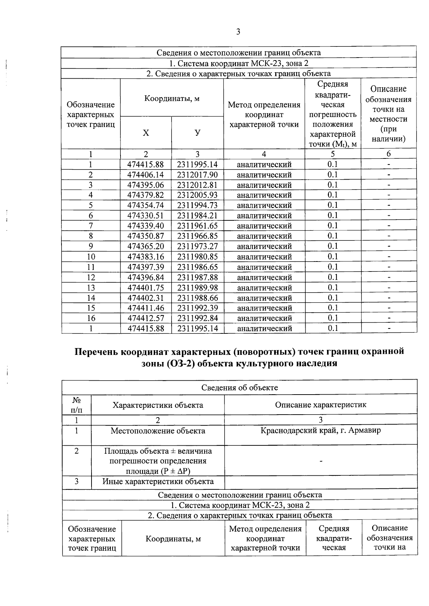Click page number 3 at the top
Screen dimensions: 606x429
coord(238,32)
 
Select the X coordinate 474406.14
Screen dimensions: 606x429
coord(146,175)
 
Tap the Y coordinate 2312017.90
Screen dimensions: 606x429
coord(197,175)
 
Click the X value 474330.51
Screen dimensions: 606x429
coord(146,216)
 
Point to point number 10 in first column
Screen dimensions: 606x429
coord(91,257)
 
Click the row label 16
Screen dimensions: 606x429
coord(91,318)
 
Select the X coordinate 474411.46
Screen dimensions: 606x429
coord(146,308)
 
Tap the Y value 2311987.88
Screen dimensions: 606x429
coord(197,278)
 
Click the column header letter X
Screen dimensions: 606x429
coord(146,133)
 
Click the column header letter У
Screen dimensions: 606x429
coord(197,133)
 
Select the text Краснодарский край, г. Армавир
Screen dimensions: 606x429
coord(321,430)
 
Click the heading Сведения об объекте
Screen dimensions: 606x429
coord(240,388)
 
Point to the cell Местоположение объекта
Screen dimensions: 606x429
coord(158,431)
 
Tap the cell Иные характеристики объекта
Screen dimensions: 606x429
coord(158,482)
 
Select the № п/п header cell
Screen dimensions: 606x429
coord(77,405)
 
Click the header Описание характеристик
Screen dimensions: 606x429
coord(321,405)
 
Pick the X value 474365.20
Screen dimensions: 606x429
coord(146,246)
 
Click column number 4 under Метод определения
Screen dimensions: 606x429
coord(264,154)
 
